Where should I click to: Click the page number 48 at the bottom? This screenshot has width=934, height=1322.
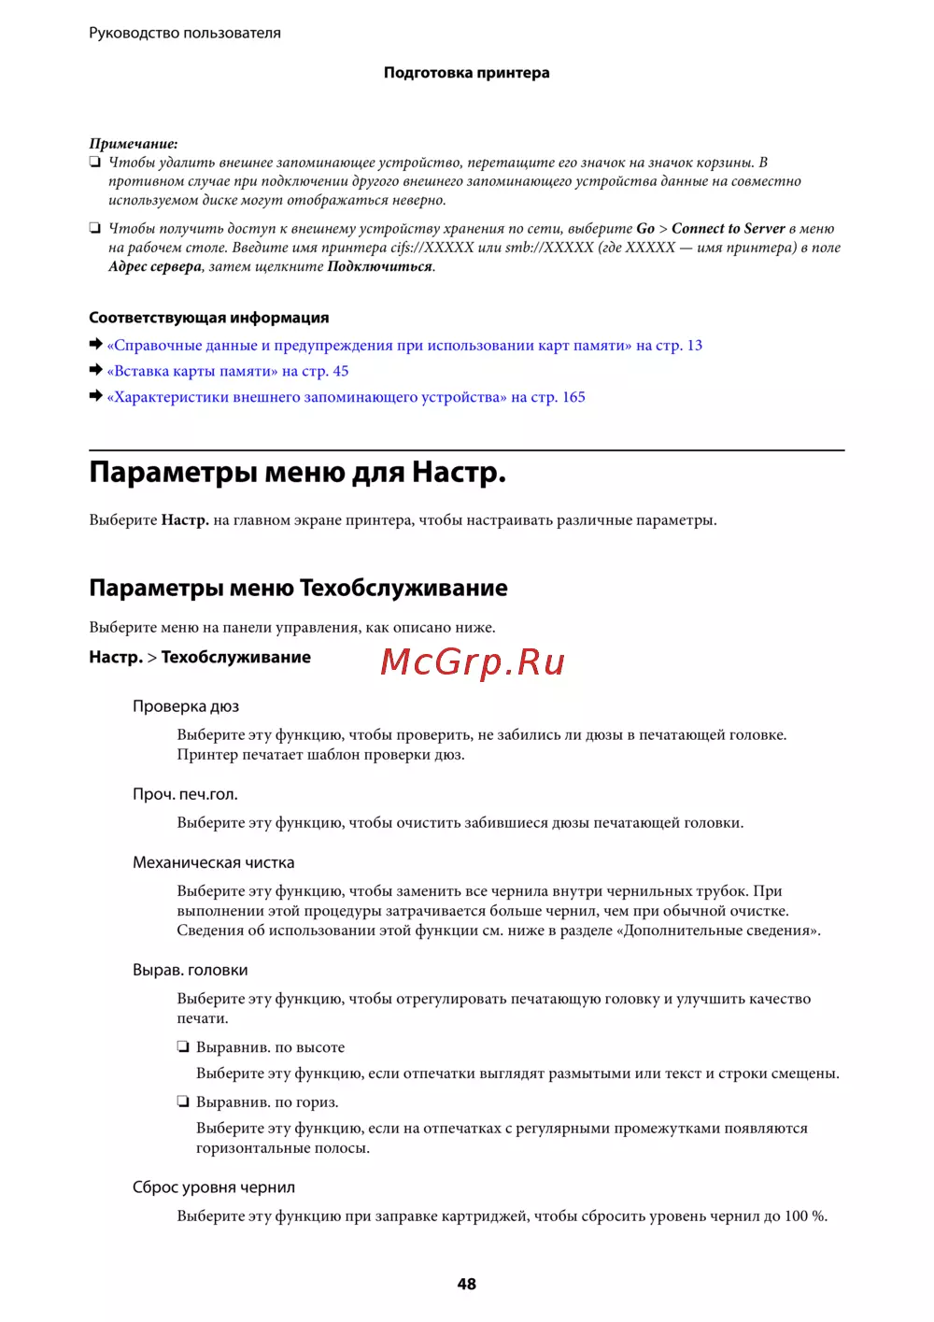tap(466, 1284)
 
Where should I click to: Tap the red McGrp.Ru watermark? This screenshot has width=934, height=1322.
tap(473, 661)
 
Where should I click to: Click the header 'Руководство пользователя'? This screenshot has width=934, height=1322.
tap(185, 33)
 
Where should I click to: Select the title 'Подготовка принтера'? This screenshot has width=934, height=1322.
tap(466, 73)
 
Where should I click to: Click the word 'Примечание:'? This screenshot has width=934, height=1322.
tap(134, 143)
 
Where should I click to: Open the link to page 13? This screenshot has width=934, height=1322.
tap(694, 346)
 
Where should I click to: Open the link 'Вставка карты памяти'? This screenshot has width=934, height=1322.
tap(192, 371)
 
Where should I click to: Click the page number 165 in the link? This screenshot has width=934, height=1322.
tap(573, 397)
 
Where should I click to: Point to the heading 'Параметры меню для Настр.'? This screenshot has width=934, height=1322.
tap(297, 473)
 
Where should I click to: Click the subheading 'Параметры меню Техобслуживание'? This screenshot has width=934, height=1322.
tap(298, 588)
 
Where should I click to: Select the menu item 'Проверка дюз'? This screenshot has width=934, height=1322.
tap(186, 706)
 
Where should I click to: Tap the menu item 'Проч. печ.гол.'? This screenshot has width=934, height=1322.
tap(185, 794)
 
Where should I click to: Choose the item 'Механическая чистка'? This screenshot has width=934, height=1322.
tap(213, 862)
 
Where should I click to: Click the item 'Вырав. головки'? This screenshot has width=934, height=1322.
tap(190, 970)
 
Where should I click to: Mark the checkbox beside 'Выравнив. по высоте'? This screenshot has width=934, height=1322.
tap(184, 1047)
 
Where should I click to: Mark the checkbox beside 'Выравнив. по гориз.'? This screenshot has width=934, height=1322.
tap(184, 1102)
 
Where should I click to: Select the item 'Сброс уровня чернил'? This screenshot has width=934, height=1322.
tap(213, 1187)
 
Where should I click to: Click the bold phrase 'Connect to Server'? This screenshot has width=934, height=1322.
tap(728, 229)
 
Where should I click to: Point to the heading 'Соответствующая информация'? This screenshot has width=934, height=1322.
tap(208, 318)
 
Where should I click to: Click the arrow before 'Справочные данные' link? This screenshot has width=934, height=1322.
tap(95, 345)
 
